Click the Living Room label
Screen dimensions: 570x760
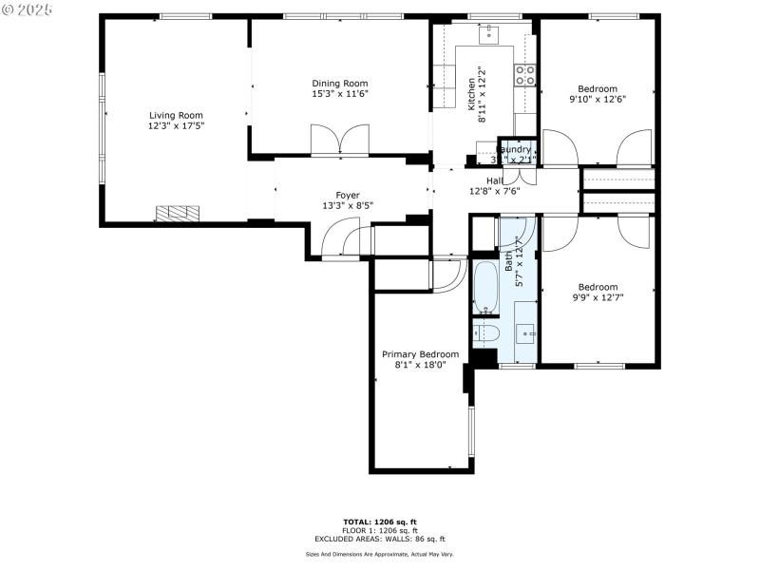[176, 115]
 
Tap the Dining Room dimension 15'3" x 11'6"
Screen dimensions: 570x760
[339, 94]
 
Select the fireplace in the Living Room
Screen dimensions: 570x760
[180, 214]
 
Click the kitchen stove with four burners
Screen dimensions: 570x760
[525, 75]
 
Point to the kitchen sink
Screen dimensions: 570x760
[489, 34]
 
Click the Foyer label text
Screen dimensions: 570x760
[347, 195]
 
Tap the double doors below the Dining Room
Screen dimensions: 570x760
[339, 141]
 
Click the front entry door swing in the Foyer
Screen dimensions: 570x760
[340, 241]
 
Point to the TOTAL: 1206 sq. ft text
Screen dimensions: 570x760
[380, 522]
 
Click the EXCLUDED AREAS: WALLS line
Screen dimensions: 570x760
[380, 539]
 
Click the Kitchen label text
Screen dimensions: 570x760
[471, 95]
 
